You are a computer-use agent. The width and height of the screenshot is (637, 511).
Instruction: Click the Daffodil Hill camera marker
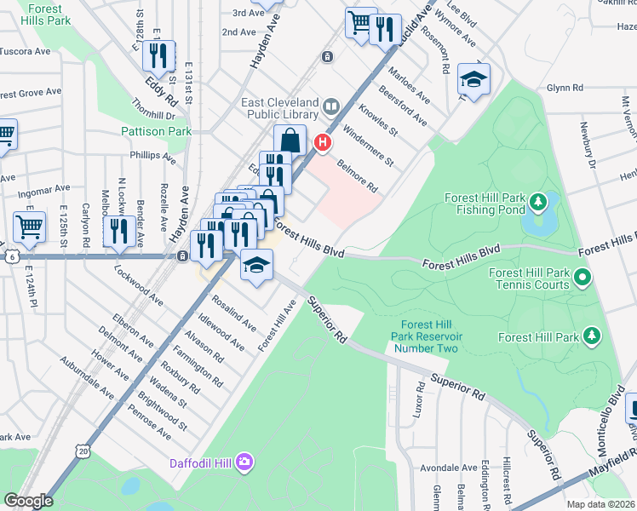click(245, 461)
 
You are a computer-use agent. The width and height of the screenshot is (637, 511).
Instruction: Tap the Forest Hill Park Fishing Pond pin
click(537, 203)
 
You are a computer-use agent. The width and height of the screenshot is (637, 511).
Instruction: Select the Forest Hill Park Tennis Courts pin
click(582, 276)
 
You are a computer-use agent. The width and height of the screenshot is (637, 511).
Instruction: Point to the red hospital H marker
click(323, 142)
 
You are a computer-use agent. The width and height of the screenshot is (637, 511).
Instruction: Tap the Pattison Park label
click(156, 131)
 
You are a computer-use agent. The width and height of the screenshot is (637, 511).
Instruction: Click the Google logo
click(28, 501)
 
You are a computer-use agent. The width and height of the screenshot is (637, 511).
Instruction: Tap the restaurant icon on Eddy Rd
click(158, 56)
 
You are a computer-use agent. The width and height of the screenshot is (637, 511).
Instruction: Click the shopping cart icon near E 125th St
click(29, 227)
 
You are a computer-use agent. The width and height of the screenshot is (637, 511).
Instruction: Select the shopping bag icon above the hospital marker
click(290, 140)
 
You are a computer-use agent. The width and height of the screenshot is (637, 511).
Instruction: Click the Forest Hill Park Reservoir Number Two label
click(425, 336)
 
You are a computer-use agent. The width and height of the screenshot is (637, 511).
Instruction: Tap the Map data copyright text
click(600, 504)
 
